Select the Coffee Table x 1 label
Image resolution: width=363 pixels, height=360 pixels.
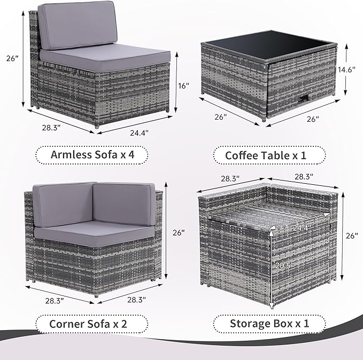click(269, 155)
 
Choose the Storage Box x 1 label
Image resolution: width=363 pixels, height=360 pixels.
click(269, 323)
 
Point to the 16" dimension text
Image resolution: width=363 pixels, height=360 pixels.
click(183, 85)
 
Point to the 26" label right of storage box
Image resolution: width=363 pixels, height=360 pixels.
click(352, 236)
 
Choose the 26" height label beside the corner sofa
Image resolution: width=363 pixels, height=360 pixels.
click(179, 233)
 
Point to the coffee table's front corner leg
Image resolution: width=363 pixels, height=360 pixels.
click(266, 120)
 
